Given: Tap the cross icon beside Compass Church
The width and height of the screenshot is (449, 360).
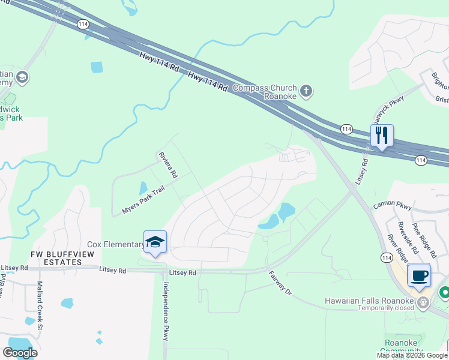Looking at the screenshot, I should pyautogui.click(x=306, y=91).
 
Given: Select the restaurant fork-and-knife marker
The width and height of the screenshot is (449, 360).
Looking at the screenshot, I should pyautogui.click(x=382, y=136).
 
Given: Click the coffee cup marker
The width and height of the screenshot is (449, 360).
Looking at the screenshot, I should pyautogui.click(x=419, y=276).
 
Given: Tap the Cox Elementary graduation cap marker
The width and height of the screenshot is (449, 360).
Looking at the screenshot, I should pyautogui.click(x=155, y=242).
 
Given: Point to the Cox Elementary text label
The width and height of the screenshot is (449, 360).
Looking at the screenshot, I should pyautogui.click(x=115, y=244).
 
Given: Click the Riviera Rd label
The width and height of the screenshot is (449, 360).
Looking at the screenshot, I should pyautogui.click(x=168, y=164).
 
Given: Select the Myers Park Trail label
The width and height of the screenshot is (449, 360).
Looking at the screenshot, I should pyautogui.click(x=143, y=200).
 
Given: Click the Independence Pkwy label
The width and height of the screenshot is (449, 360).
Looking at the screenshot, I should pyautogui.click(x=165, y=310).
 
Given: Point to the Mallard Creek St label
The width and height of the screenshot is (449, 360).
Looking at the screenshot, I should pyautogui.click(x=39, y=305).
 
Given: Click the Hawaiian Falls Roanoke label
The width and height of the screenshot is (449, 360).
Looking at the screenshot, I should pyautogui.click(x=369, y=301).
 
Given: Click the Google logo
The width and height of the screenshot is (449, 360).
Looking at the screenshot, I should pyautogui.click(x=19, y=353).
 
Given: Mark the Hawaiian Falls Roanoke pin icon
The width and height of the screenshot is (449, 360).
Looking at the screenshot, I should pyautogui.click(x=423, y=301).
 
